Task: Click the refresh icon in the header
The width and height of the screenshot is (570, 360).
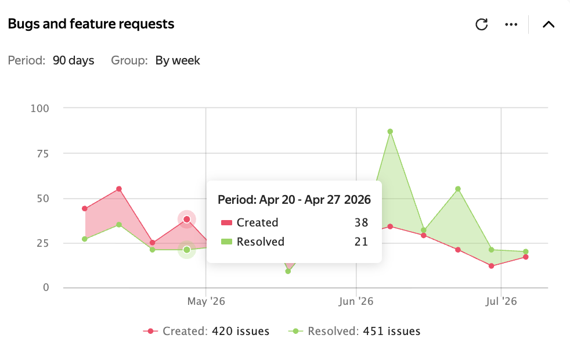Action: point(481,24)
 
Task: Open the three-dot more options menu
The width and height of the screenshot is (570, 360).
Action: point(511,24)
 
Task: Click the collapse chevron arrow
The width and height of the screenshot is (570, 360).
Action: point(549,24)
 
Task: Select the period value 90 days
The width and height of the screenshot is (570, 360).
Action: point(74,60)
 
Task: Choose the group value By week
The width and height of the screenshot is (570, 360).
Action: point(178,60)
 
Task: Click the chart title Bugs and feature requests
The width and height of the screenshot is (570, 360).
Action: point(91,24)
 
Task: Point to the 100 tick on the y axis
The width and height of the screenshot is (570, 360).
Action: point(39,109)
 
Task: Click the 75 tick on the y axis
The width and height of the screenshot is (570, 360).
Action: point(42,154)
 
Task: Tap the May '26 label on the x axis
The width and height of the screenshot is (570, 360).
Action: point(206,301)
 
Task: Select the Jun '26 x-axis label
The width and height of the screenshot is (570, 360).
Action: point(356,301)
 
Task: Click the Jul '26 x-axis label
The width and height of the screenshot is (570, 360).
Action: point(501,301)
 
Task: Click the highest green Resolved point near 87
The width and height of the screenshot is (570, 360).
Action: point(390,132)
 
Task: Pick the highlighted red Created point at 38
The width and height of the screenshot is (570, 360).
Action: point(187,219)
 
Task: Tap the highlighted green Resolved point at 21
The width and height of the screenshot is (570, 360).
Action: point(187,250)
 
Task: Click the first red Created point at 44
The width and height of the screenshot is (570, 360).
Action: point(85,208)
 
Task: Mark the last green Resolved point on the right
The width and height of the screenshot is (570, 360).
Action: point(526,251)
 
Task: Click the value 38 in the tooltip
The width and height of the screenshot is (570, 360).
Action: point(362,222)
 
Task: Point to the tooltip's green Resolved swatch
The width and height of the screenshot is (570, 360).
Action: point(226,242)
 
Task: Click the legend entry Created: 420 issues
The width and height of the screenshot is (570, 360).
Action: point(206,332)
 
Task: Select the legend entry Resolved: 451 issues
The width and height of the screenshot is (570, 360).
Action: point(355,332)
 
